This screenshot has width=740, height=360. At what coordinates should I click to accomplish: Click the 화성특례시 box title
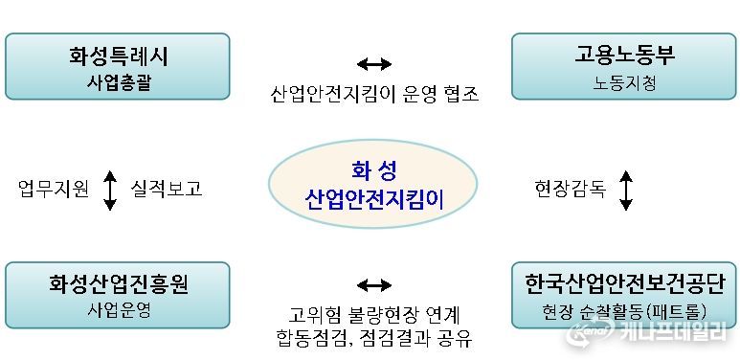pyautogui.click(x=118, y=56)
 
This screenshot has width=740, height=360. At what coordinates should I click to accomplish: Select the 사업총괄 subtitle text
pyautogui.click(x=118, y=82)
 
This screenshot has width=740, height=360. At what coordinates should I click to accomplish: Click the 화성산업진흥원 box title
pyautogui.click(x=118, y=284)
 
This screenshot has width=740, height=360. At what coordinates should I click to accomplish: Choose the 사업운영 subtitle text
pyautogui.click(x=118, y=310)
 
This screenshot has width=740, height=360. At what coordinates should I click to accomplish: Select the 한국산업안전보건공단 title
pyautogui.click(x=624, y=284)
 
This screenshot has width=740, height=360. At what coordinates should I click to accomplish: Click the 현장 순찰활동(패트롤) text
pyautogui.click(x=624, y=311)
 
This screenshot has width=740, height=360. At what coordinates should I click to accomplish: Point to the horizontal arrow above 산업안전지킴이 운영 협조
pyautogui.click(x=373, y=64)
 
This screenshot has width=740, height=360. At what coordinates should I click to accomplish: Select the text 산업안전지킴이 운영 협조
pyautogui.click(x=373, y=94)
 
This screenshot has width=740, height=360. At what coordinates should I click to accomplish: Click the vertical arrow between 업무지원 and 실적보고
pyautogui.click(x=110, y=190)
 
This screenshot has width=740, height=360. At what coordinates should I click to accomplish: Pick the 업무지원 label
pyautogui.click(x=54, y=189)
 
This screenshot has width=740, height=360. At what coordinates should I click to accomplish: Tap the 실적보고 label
pyautogui.click(x=166, y=189)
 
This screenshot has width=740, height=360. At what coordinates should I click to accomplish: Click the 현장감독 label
pyautogui.click(x=571, y=189)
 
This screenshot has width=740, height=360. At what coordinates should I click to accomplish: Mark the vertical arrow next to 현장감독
pyautogui.click(x=626, y=190)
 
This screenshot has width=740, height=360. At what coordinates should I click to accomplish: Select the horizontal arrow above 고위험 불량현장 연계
pyautogui.click(x=373, y=285)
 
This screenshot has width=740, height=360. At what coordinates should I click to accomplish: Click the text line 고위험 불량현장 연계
pyautogui.click(x=373, y=315)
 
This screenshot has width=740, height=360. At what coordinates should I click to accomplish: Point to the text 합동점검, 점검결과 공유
pyautogui.click(x=373, y=339)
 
